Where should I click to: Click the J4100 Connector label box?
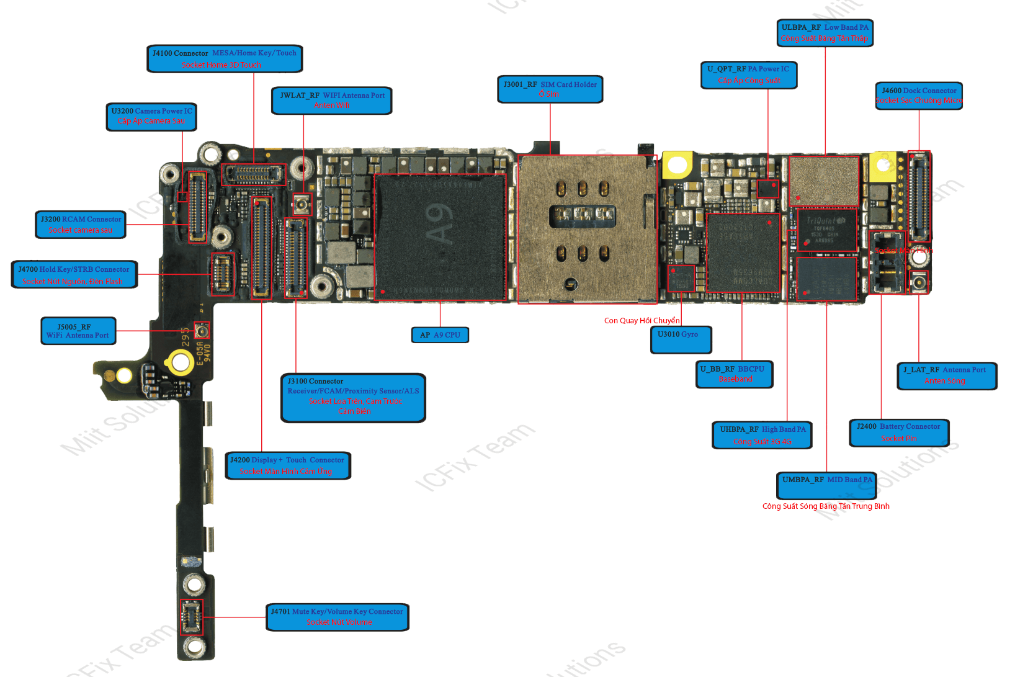point(225,59)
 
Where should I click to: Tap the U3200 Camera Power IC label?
point(151,117)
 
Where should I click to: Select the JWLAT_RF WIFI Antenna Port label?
point(332,101)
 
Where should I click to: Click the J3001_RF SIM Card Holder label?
point(550,89)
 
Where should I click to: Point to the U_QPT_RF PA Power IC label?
point(749,75)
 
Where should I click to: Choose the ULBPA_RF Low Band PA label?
point(825,33)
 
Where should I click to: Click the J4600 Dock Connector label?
point(919,96)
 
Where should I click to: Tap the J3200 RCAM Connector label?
point(81,225)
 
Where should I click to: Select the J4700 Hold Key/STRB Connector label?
point(74,275)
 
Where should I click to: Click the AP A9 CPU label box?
point(440,335)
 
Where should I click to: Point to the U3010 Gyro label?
point(681,339)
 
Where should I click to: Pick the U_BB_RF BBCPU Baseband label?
point(734,374)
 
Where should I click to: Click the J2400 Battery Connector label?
point(898,433)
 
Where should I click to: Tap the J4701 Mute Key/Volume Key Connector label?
point(338,617)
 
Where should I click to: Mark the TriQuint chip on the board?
point(826,230)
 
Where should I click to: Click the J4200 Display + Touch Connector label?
point(287,465)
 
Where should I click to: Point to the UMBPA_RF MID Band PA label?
point(826,485)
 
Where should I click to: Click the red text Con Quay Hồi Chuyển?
point(642,321)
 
